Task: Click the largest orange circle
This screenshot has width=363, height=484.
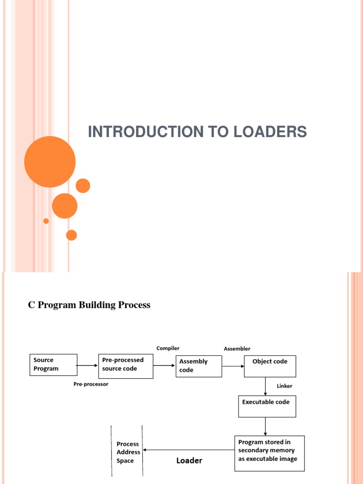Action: (x=50, y=162)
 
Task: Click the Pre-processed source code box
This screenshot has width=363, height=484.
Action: (x=126, y=366)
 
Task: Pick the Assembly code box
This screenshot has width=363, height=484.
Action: (x=199, y=366)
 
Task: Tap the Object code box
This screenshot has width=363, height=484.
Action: (x=270, y=366)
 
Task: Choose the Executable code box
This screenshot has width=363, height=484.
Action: (x=267, y=406)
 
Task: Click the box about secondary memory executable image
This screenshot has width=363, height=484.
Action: (x=269, y=453)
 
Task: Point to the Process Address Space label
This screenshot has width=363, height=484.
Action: (x=128, y=452)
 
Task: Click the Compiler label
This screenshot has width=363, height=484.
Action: (x=168, y=348)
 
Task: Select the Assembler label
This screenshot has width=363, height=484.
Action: (x=237, y=349)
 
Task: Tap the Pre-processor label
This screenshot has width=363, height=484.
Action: (x=91, y=384)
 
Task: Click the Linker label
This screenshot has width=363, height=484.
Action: (x=285, y=386)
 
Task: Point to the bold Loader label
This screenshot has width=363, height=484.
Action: (x=189, y=460)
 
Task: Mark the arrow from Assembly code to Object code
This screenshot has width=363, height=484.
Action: (x=233, y=366)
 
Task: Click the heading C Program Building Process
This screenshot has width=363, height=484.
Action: (x=89, y=305)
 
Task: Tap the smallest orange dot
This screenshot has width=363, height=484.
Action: (x=46, y=221)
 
